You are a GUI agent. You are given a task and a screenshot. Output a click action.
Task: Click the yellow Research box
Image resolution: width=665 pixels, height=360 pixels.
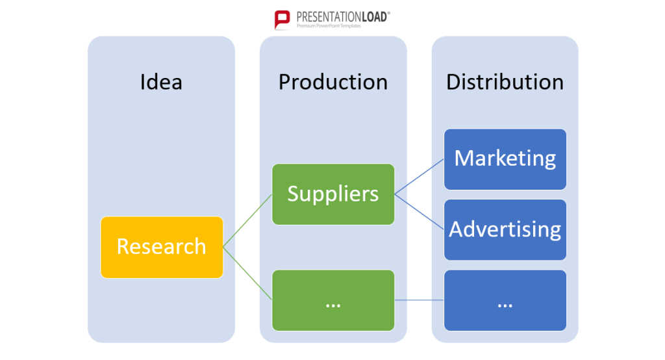[162, 248]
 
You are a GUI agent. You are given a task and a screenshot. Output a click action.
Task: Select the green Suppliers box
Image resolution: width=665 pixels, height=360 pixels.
[333, 194]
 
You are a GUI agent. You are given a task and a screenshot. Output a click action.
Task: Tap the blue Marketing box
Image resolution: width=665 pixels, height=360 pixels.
[505, 159]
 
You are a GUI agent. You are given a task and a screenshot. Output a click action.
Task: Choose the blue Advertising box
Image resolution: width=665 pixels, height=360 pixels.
[505, 229]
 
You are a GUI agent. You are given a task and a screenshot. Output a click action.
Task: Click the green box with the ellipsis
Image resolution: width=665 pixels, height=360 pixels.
[333, 300]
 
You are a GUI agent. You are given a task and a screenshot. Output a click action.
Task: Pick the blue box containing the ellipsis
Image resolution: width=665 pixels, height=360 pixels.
[505, 300]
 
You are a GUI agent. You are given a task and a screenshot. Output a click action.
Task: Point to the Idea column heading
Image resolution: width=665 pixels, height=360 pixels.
[161, 81]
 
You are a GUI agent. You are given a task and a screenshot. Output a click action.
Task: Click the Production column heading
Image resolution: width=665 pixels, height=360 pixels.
[333, 81]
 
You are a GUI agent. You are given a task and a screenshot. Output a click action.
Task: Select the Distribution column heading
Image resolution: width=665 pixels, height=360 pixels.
[505, 81]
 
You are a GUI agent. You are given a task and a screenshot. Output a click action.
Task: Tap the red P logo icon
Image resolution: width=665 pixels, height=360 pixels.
[282, 19]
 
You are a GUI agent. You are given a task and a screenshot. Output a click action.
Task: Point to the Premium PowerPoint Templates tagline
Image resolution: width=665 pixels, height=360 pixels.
[329, 26]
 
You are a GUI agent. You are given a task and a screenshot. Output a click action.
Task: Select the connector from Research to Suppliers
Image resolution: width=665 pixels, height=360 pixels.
[247, 221]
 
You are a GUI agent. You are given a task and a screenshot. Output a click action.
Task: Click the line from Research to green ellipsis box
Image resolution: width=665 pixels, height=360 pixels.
[247, 274]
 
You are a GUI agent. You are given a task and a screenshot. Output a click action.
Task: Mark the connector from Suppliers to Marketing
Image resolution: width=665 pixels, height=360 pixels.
[419, 177]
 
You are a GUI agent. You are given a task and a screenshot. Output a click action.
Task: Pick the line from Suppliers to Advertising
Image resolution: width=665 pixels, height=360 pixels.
[419, 212]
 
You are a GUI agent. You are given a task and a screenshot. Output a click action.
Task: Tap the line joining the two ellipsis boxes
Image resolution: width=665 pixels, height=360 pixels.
[419, 300]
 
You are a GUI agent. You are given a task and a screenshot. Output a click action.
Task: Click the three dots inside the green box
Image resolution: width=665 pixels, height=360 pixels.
[333, 305]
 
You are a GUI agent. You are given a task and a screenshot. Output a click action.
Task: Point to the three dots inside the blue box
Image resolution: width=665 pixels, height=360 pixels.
[505, 305]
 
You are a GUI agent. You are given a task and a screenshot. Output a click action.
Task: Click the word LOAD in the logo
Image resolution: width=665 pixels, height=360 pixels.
[375, 17]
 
